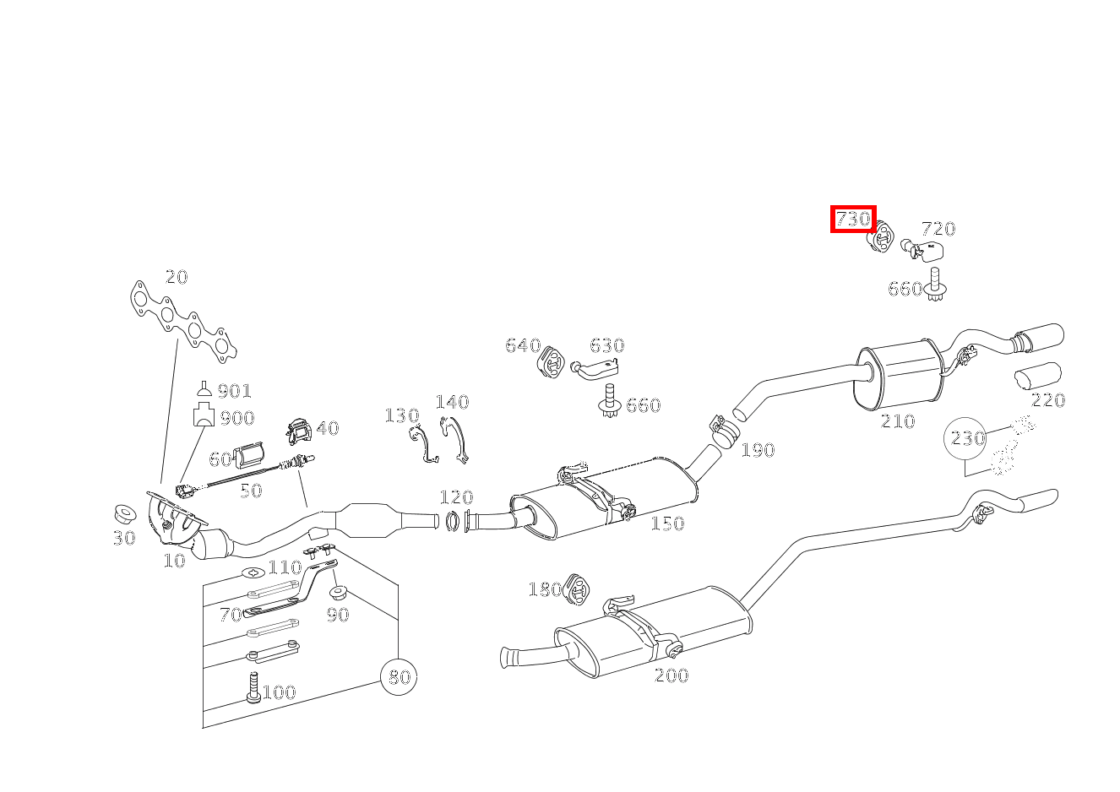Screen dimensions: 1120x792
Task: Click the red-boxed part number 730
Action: point(853,219)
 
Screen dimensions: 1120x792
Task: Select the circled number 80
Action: point(399,676)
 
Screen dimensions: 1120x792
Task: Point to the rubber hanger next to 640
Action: point(551,360)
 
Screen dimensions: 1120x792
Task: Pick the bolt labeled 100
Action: point(253,687)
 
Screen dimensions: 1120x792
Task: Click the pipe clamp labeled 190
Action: point(725,431)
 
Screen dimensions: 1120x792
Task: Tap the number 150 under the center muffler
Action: point(667,523)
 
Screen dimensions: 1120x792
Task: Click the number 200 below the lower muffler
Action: point(671,675)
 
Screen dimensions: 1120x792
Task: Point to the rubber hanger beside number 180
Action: point(576,589)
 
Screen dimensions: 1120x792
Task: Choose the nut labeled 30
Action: point(125,514)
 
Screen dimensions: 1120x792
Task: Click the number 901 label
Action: point(235,391)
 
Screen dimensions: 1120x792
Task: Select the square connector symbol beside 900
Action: point(204,415)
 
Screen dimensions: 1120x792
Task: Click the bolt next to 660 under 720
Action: point(934,285)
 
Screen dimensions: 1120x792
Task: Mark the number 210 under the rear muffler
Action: point(898,421)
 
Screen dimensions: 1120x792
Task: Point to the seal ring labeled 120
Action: point(452,521)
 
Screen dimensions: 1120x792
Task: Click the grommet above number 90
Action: point(339,593)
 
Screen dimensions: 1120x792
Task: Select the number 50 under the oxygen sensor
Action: point(251,491)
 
